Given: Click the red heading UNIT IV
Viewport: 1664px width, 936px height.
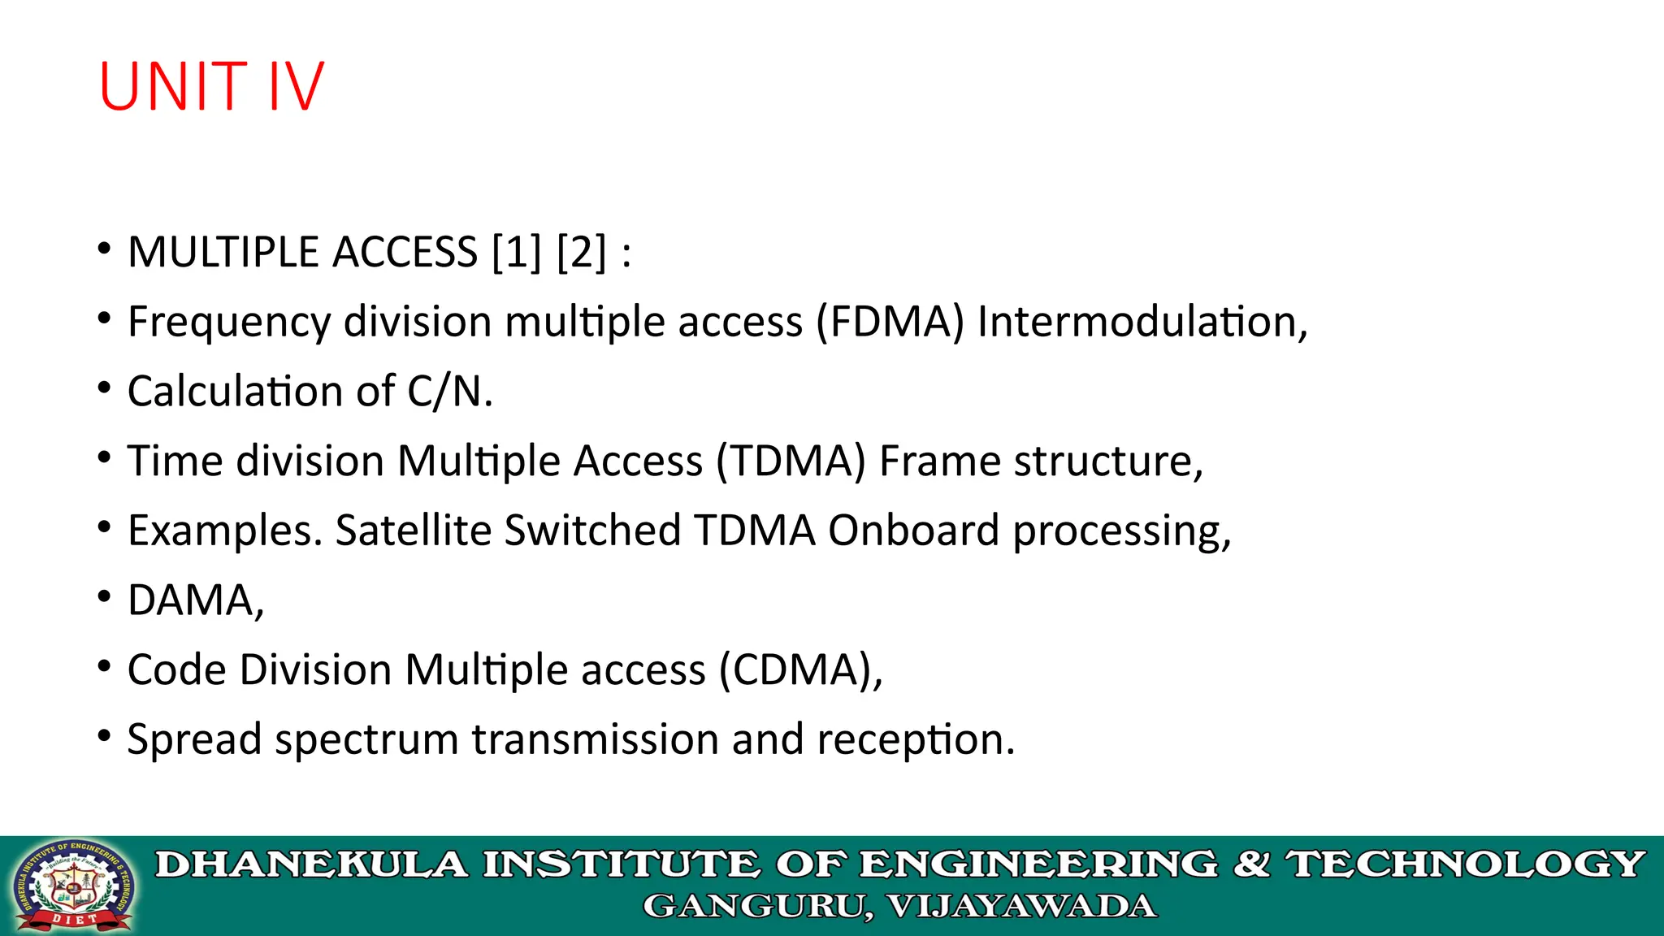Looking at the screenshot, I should pos(211,86).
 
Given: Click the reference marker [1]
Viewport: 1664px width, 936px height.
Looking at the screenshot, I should pos(517,252).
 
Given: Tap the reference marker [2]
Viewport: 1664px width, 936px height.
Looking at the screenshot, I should pos(582,252).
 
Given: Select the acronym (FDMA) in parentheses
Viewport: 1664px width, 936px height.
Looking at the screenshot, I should pos(890,322).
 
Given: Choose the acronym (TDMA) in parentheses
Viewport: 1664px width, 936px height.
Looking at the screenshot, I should pos(791,461).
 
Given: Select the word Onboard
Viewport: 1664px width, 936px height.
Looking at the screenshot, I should pos(913,531).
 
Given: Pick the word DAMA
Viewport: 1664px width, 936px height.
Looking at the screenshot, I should pos(192,600).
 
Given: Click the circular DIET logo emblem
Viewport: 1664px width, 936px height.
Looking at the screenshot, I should pos(73,886).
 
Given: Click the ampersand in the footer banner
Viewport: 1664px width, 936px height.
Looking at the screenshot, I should pos(1252,864).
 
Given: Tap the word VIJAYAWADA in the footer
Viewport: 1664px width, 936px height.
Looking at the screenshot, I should pos(1022,906).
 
